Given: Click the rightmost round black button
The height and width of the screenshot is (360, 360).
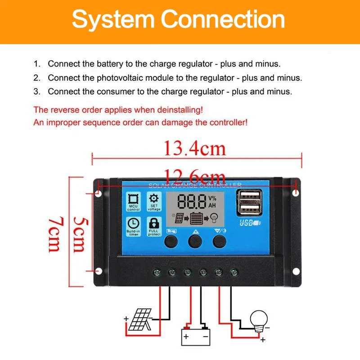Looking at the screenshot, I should (219, 242).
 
